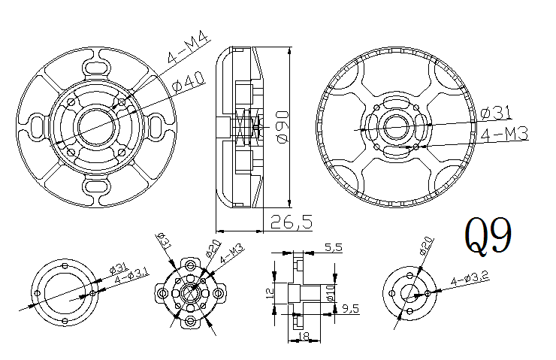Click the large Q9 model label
click(x=489, y=237)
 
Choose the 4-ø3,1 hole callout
click(x=130, y=280)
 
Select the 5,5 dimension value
click(x=333, y=247)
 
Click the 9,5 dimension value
click(x=350, y=308)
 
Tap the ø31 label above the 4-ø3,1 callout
click(x=122, y=268)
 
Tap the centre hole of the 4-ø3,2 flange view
click(x=410, y=292)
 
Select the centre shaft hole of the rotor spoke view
click(x=395, y=128)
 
